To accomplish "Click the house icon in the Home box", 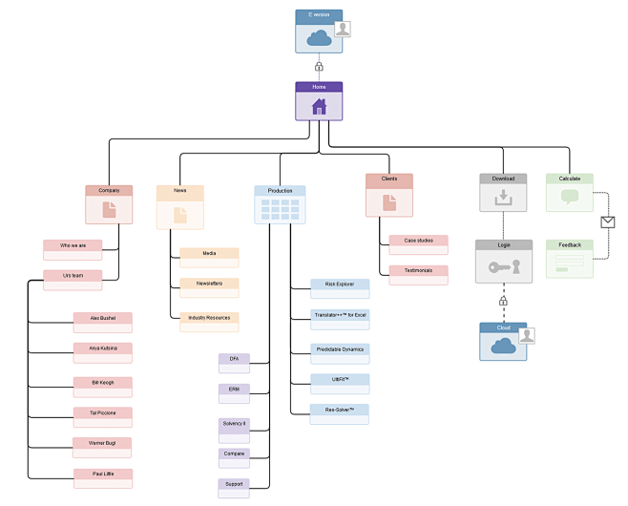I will (x=319, y=107).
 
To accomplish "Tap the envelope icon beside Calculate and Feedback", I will (x=608, y=221).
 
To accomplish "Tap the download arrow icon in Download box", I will (x=502, y=199).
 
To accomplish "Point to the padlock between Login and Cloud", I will (x=503, y=302).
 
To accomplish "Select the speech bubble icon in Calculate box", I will (x=570, y=198).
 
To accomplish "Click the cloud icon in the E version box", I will (x=318, y=38).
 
